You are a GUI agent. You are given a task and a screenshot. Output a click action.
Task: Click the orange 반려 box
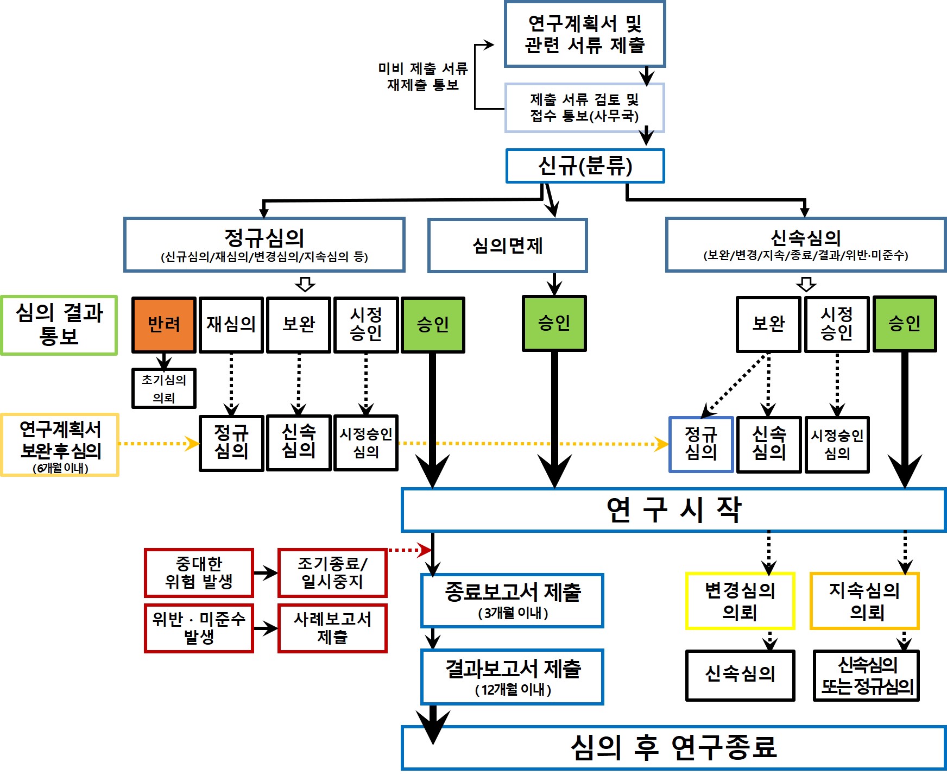[x=163, y=325]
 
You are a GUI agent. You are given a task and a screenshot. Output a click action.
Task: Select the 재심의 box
[x=231, y=325]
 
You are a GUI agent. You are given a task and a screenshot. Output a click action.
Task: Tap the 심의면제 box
[x=507, y=245]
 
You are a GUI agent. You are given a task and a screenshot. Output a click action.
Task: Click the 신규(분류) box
[x=585, y=166]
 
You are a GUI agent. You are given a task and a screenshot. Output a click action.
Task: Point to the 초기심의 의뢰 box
[x=163, y=388]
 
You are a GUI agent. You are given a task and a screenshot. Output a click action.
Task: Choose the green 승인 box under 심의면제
[x=554, y=323]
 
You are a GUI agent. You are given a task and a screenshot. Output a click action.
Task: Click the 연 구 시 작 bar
[x=673, y=510]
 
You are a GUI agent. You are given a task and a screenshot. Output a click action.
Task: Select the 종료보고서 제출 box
[x=512, y=600]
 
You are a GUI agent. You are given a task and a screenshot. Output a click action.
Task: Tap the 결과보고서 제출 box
[x=512, y=677]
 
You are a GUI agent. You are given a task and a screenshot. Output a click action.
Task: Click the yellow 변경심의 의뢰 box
[x=740, y=601]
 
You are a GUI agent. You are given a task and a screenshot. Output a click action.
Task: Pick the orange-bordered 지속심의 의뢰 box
[x=864, y=601]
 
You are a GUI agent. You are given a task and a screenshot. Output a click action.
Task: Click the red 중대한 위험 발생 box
[x=199, y=573]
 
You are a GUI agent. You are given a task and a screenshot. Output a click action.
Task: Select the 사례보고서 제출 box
[x=332, y=628]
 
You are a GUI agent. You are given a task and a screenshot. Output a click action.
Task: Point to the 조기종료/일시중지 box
[x=332, y=573]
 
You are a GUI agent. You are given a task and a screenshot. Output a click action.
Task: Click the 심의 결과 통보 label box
[x=59, y=325]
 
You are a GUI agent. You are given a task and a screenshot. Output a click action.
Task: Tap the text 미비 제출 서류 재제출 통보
[x=423, y=77]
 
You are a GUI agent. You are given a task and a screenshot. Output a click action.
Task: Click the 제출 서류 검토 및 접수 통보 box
[x=584, y=108]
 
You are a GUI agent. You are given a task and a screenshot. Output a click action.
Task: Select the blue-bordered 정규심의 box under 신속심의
[x=701, y=444]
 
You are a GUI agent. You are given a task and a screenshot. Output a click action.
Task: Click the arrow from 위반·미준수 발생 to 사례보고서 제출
[x=266, y=629]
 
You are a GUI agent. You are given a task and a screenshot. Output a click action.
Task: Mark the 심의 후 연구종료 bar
[x=673, y=747]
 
